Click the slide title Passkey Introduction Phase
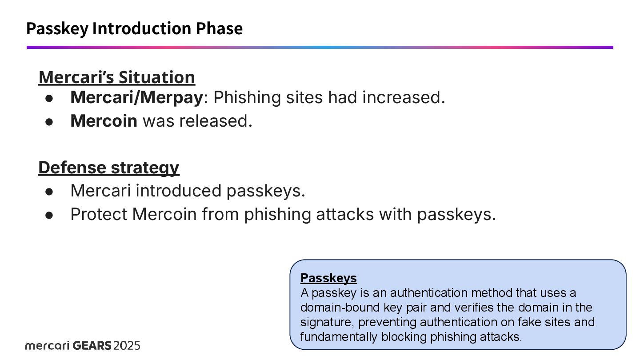pos(134,28)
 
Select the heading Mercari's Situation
pos(116,77)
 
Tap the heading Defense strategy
pos(108,168)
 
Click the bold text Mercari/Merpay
pos(136,97)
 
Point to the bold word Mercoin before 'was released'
pos(104,121)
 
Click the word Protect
pos(99,214)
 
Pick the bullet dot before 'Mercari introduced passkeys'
pos(49,192)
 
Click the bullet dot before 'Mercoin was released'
pos(49,122)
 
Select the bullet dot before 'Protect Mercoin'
pos(49,215)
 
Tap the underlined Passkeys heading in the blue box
pos(328,278)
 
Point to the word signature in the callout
pos(327,322)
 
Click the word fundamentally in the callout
pos(339,336)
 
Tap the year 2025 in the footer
pos(127,345)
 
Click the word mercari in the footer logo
pos(47,345)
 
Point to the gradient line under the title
pos(320,47)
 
